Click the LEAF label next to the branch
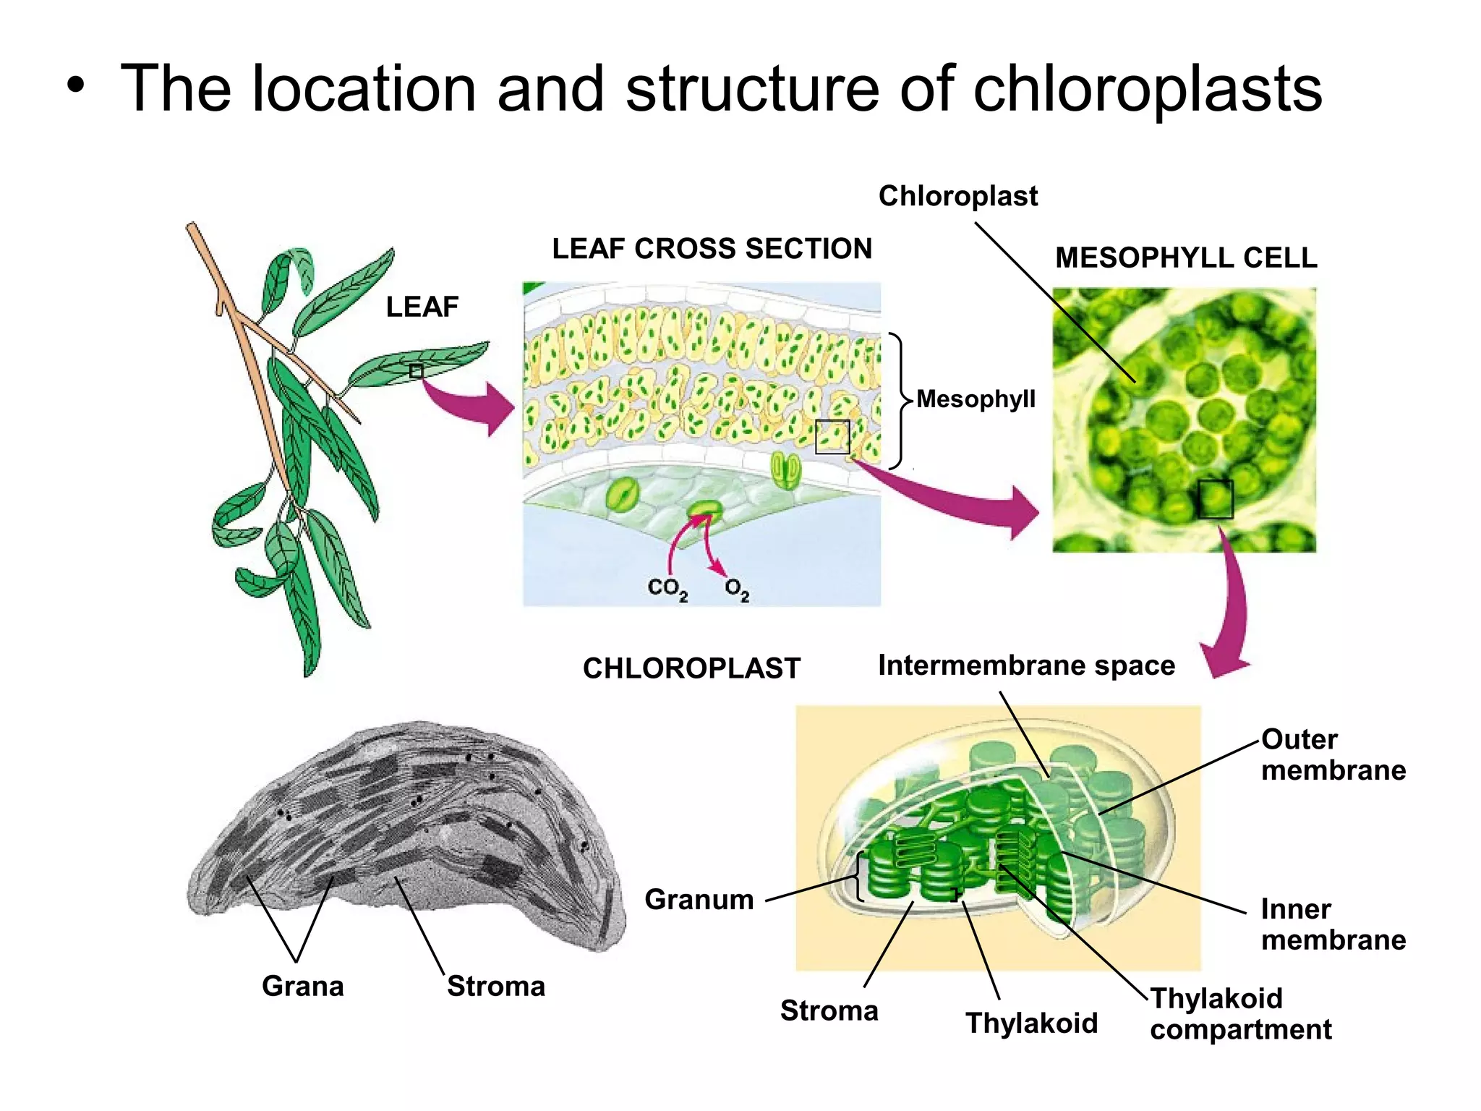click(422, 307)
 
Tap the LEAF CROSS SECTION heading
click(712, 249)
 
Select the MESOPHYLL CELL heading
click(1186, 258)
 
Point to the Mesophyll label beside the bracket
click(976, 399)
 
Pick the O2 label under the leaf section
click(737, 589)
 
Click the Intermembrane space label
click(1026, 665)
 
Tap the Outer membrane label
click(1333, 754)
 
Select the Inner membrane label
click(1333, 924)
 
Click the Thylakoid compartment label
click(1240, 1014)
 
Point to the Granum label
click(699, 900)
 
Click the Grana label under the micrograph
click(302, 987)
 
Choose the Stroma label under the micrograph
click(495, 987)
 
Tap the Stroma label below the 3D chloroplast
click(829, 1011)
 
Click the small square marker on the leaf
click(416, 371)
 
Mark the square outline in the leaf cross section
click(832, 437)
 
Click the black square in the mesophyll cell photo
click(1215, 498)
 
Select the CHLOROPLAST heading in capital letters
click(691, 668)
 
